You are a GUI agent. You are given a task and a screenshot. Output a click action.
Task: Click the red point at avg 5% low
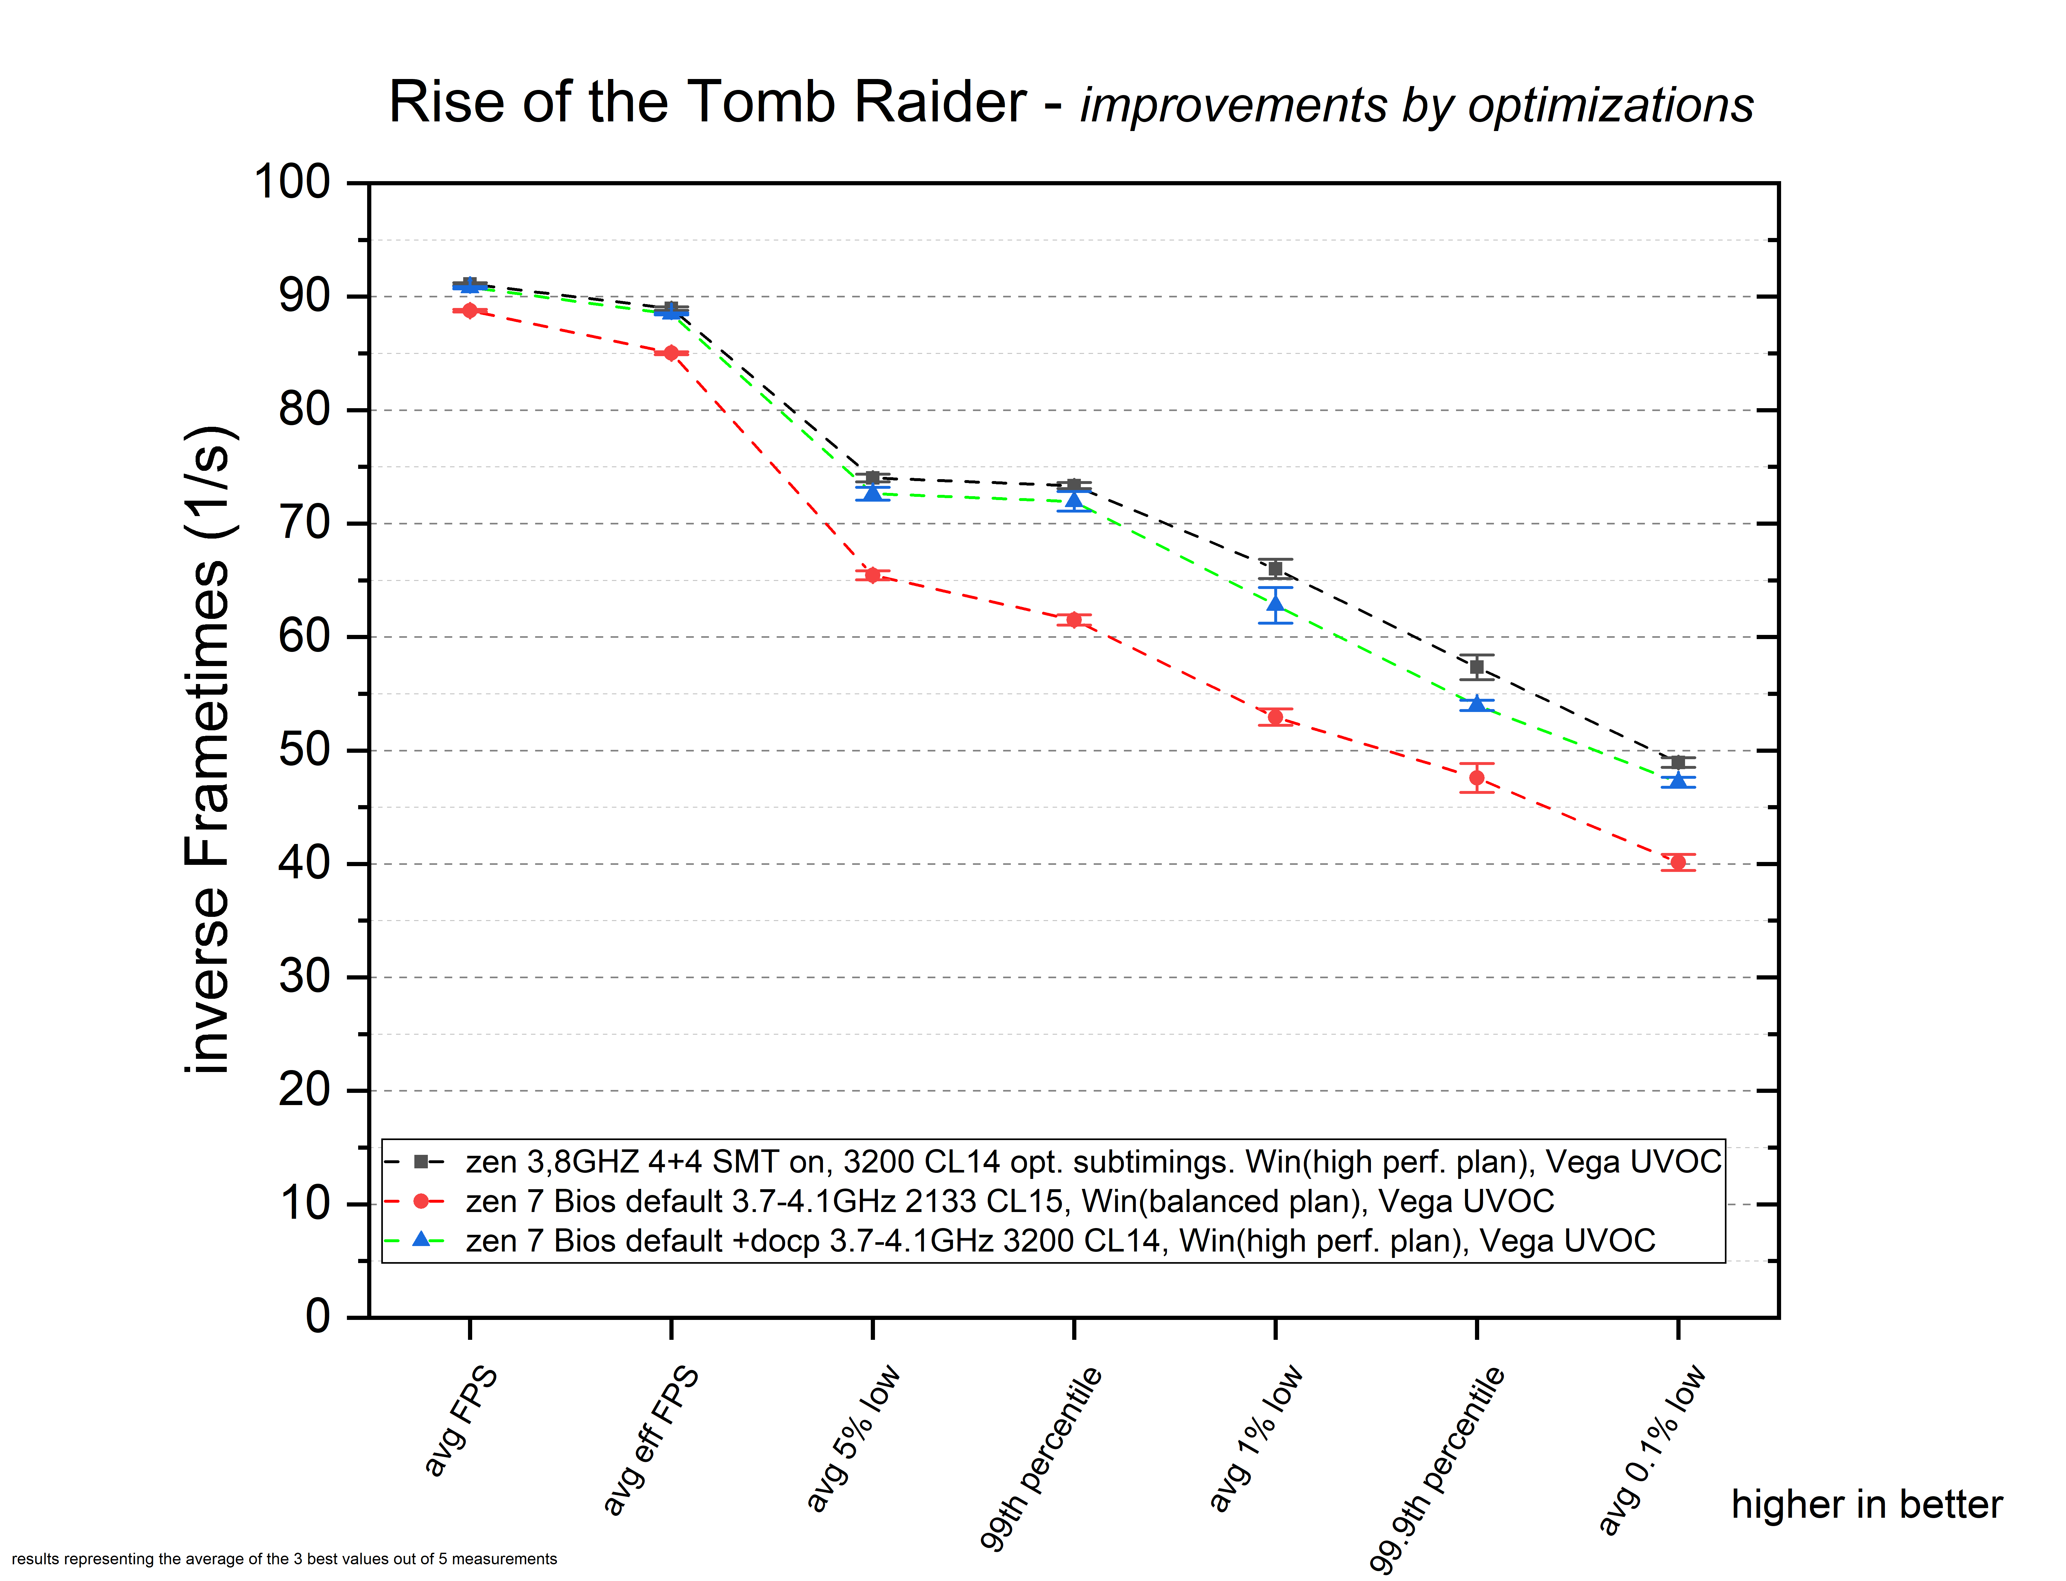[872, 575]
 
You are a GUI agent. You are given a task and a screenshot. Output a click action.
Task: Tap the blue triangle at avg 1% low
[1276, 604]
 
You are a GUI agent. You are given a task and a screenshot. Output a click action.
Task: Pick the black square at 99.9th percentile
[1477, 667]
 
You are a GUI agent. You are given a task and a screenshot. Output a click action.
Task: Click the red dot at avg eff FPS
[671, 353]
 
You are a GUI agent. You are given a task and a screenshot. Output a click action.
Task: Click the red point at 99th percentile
[1074, 619]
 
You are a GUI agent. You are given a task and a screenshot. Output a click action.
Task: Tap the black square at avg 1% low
[1276, 568]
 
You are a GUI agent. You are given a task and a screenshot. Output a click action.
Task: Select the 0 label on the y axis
[317, 1316]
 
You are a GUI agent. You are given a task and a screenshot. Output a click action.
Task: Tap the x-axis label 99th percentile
[1040, 1457]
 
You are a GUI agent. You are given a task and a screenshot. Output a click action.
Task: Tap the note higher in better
[1867, 1504]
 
